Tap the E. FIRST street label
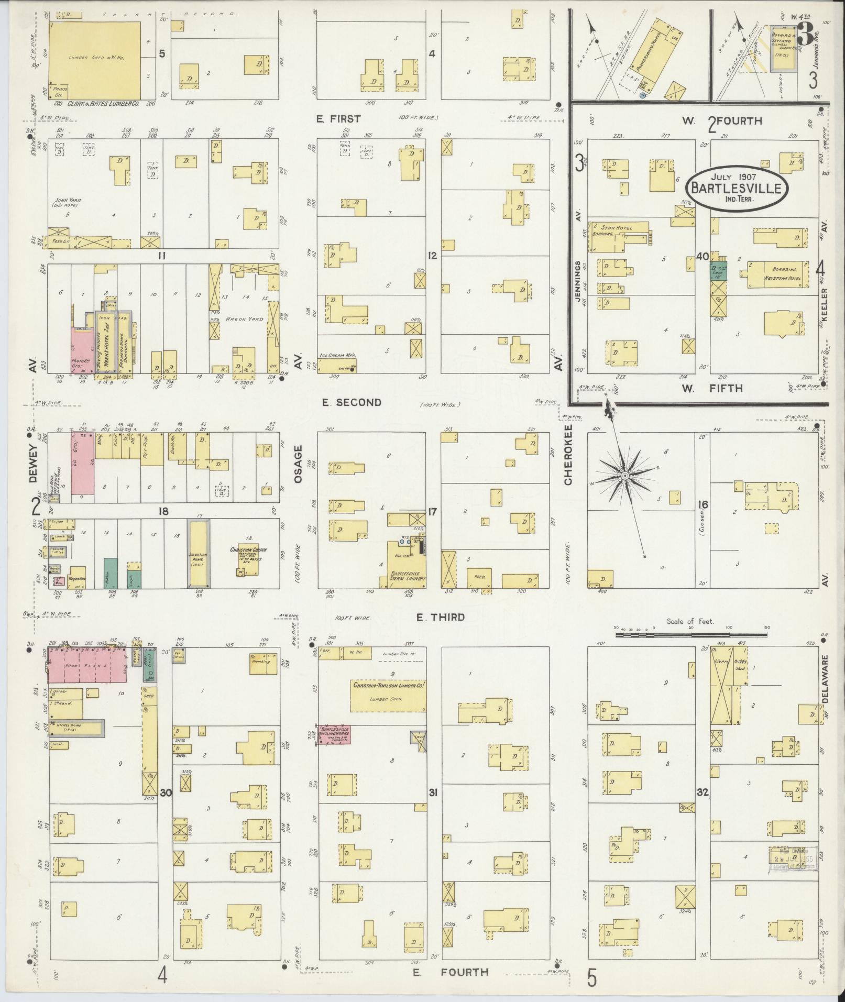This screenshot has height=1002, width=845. coord(338,119)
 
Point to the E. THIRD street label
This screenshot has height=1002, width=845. coord(440,618)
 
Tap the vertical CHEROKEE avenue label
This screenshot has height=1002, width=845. coord(569,461)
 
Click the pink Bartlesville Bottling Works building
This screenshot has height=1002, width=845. coord(334,734)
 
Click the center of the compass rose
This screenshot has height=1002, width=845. coord(625,475)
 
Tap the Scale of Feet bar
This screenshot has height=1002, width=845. coord(692,634)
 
